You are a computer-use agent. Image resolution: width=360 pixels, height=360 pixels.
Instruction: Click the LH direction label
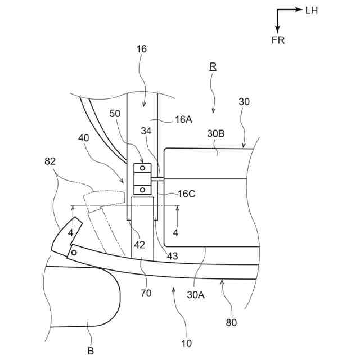312,11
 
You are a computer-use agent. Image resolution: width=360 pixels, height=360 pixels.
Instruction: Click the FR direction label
278,40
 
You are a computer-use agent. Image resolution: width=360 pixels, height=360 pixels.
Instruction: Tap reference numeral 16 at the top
141,49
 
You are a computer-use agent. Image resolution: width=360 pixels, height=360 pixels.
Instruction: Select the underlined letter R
213,66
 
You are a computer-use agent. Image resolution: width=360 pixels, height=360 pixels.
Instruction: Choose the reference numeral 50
115,114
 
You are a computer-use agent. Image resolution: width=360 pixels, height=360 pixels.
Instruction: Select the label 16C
186,194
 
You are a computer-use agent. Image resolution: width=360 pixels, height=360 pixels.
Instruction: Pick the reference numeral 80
232,322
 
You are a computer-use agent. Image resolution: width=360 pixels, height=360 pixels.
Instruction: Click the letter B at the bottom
90,352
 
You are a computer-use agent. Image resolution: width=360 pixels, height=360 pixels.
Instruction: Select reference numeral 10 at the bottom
187,343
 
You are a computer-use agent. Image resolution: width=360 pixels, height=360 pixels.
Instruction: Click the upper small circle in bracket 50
143,168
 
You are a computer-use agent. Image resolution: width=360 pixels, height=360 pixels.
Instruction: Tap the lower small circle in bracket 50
143,190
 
